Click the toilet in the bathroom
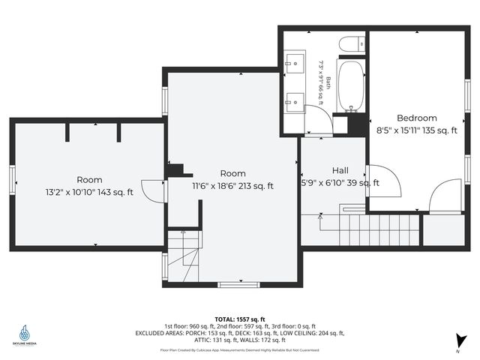tap(351, 44)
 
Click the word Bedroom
tap(416, 118)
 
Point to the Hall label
tap(340, 170)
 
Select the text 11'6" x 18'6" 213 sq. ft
tap(232, 186)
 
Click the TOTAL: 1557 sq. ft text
tap(239, 319)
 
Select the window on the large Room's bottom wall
tap(238, 284)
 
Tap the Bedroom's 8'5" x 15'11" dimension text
tap(416, 130)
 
